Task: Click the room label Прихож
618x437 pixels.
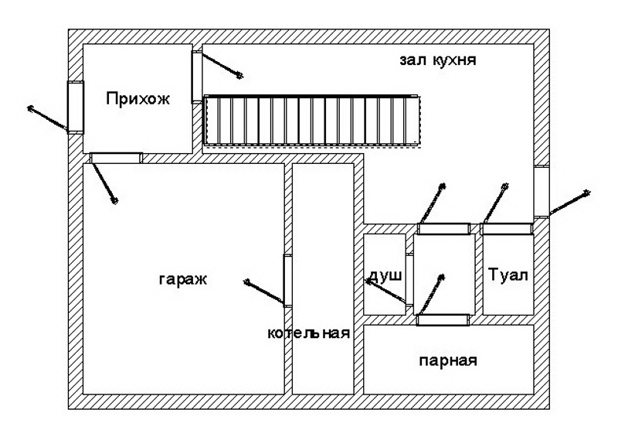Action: (137, 98)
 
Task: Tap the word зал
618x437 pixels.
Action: (416, 60)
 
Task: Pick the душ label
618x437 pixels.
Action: (384, 276)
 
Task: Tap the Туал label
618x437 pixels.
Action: (508, 276)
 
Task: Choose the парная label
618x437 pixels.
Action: (448, 360)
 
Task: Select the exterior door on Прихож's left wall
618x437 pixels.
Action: (75, 107)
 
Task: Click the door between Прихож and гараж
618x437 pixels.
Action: (115, 158)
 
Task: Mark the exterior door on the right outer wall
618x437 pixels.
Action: (542, 191)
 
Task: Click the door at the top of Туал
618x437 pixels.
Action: (506, 228)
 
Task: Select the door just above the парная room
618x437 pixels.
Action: (443, 319)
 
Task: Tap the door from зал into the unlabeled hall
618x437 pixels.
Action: (443, 228)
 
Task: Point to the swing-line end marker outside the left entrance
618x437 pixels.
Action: (30, 108)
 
